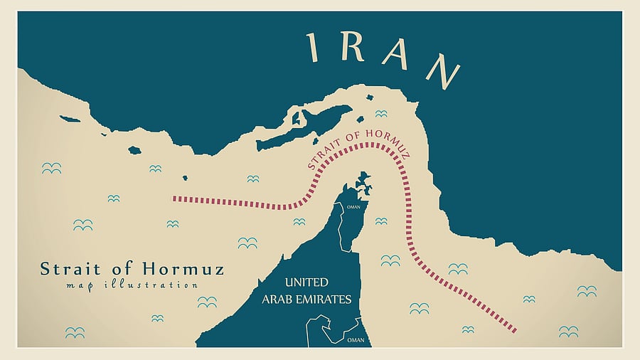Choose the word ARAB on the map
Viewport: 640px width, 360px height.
coord(278,299)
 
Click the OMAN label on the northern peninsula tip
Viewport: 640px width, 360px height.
coord(353,207)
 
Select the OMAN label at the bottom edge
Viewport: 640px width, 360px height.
coord(356,340)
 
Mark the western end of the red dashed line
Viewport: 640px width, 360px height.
coord(175,199)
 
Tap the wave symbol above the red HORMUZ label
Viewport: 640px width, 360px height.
coord(381,114)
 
